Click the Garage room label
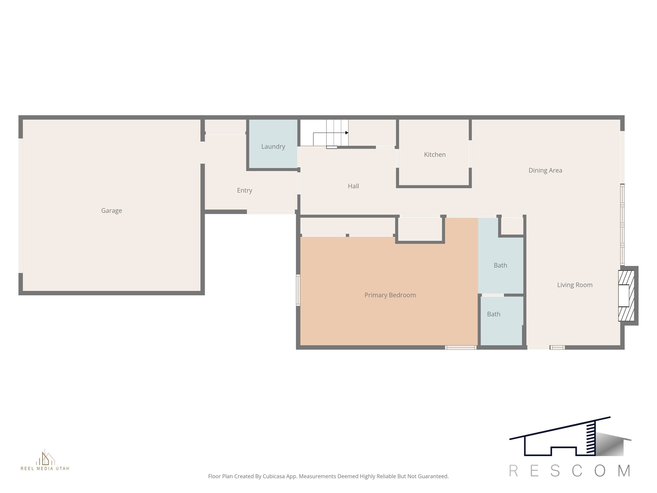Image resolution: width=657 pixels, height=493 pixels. [x=111, y=211]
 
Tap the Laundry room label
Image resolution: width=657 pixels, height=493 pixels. [x=273, y=146]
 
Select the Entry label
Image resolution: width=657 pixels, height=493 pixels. [x=244, y=190]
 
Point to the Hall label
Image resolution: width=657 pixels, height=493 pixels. [x=353, y=186]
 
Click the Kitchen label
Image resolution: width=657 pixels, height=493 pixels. [x=435, y=154]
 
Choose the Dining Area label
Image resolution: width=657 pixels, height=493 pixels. [x=545, y=170]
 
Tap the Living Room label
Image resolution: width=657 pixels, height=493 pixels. [x=575, y=285]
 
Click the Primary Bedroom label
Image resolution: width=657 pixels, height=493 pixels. [x=390, y=295]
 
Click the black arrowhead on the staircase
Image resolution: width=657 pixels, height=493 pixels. [x=347, y=133]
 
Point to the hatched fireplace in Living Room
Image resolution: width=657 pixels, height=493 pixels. [x=626, y=296]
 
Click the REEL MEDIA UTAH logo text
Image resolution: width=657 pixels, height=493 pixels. [x=45, y=468]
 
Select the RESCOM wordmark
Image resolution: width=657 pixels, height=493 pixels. [x=570, y=471]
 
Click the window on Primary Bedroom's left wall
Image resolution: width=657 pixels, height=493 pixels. [x=298, y=290]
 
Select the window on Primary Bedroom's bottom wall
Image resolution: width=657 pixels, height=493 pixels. [x=460, y=347]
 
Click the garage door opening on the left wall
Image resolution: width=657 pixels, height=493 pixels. [x=21, y=205]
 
